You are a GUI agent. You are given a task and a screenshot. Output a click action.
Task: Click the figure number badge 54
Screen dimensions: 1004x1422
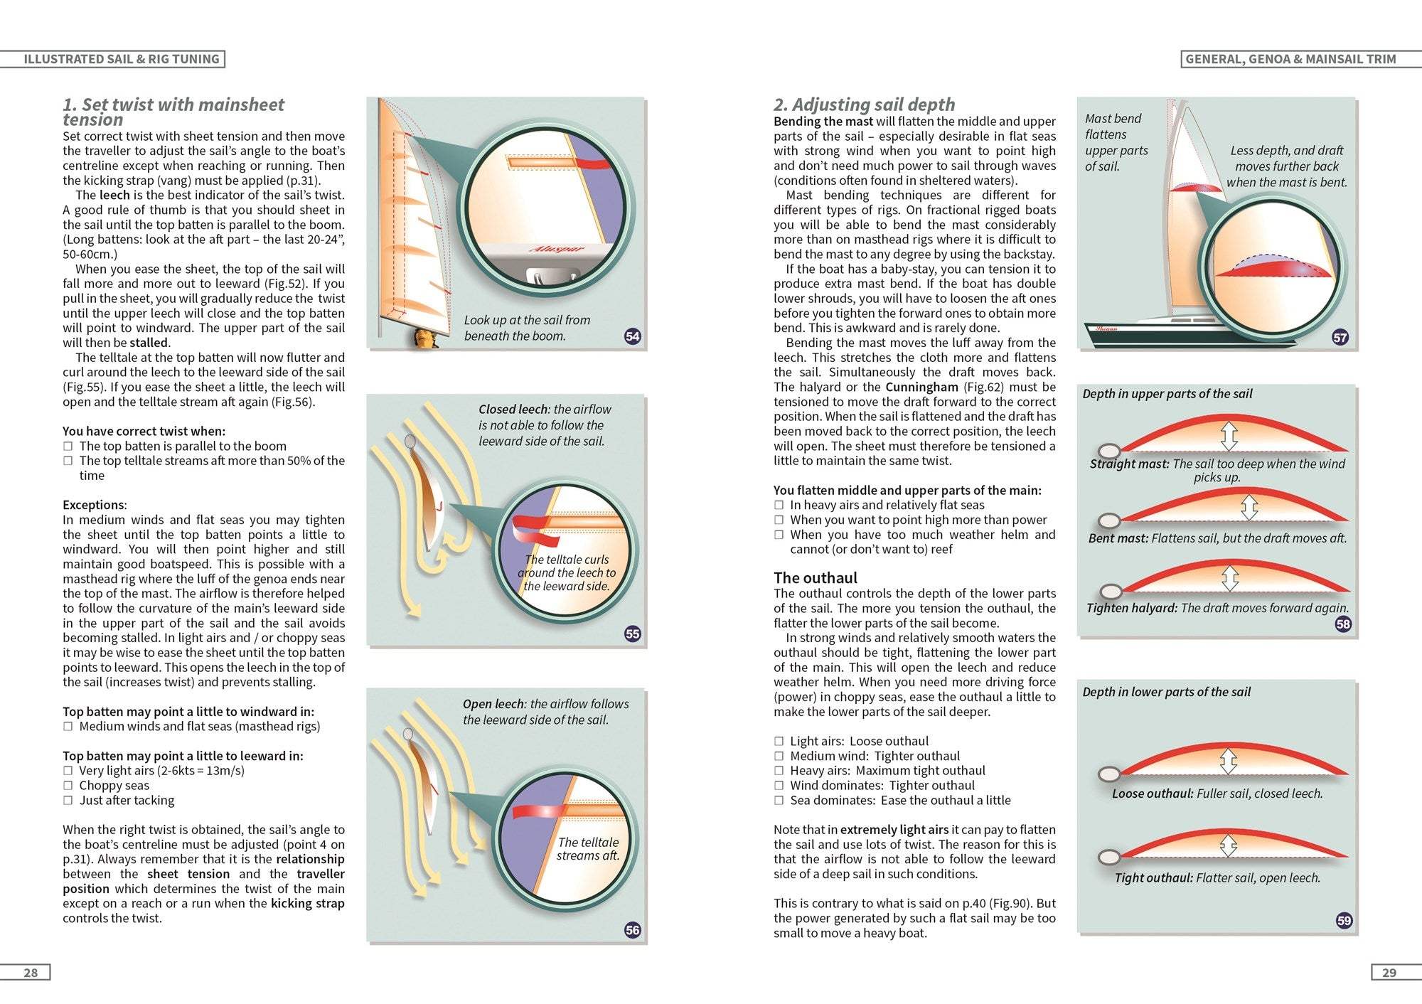632,336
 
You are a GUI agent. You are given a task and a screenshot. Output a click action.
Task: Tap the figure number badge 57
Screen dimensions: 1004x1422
1340,337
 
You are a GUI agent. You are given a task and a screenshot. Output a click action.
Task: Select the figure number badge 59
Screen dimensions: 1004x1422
1343,920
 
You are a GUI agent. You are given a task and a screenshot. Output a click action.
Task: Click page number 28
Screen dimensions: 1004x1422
31,972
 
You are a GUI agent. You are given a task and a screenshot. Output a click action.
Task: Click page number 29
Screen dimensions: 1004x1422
1389,972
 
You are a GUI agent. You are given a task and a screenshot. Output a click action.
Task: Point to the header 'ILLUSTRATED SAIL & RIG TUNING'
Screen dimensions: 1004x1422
121,59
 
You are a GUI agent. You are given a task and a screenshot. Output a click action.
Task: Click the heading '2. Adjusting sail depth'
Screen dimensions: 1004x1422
864,105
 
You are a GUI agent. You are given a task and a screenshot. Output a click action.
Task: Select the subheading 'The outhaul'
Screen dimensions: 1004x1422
815,577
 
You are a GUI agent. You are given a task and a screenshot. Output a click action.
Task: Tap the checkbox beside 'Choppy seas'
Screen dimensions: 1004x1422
68,785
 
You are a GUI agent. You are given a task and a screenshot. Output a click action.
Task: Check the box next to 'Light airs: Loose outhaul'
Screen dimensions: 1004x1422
779,741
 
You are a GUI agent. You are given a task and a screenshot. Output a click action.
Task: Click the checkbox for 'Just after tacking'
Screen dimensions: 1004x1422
68,800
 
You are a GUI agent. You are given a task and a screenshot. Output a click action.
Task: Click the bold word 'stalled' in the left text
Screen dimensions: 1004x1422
149,343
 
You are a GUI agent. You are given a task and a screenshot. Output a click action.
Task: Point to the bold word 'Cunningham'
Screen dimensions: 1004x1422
921,387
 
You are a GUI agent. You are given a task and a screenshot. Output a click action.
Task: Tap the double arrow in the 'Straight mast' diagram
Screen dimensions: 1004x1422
1229,436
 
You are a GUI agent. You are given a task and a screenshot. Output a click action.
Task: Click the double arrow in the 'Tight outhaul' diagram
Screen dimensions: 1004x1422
1228,846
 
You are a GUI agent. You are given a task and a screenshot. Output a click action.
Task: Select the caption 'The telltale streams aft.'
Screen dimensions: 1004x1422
587,849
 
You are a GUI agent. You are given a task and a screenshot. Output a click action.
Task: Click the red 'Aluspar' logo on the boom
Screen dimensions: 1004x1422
557,250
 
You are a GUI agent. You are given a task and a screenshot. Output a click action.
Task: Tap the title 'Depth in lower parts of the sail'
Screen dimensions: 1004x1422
1166,692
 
